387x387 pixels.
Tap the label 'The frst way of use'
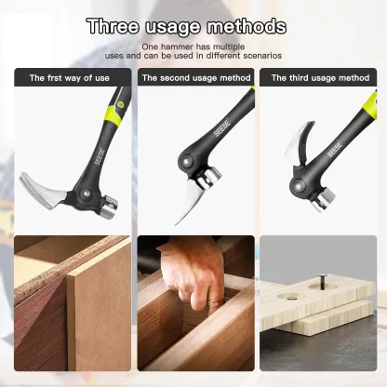(70, 78)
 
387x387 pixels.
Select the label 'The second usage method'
(195, 78)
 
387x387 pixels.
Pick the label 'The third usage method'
(320, 78)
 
